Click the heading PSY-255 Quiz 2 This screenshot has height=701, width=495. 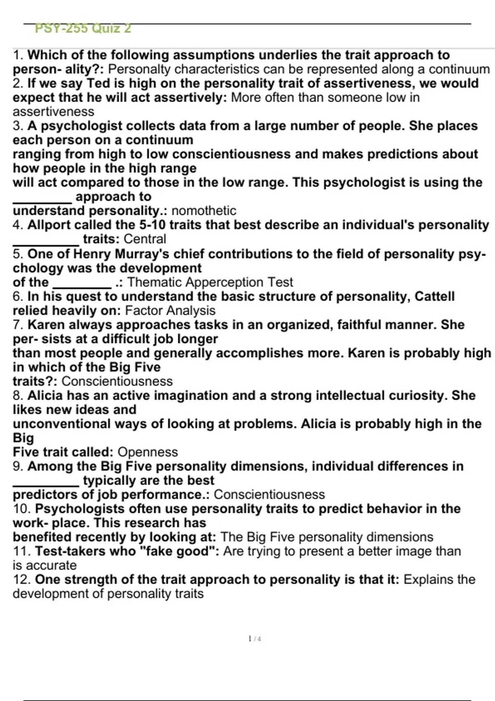click(x=83, y=28)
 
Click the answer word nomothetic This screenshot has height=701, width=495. click(x=204, y=211)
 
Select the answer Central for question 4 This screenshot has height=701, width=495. click(x=145, y=239)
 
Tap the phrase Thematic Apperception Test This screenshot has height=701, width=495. click(x=210, y=282)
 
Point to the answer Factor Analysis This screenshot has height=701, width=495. click(x=170, y=311)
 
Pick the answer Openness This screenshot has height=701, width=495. click(x=148, y=452)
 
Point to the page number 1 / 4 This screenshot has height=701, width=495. click(x=255, y=639)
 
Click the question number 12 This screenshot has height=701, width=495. click(x=21, y=580)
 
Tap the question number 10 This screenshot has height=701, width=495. click(x=21, y=509)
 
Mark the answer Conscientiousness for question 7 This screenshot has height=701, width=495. click(x=117, y=381)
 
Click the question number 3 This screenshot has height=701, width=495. click(x=18, y=126)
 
